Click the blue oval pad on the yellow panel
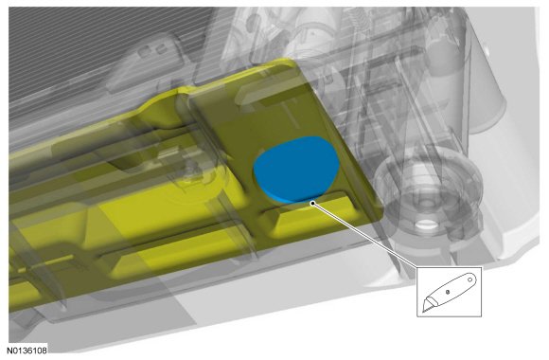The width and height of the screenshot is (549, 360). tap(296, 170)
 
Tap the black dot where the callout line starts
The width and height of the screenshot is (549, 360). tap(312, 202)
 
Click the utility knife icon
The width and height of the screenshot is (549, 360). tap(450, 292)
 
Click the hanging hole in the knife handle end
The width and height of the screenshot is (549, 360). tap(470, 279)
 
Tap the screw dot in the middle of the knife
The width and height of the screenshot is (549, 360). tap(448, 292)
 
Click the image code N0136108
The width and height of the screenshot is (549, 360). tap(27, 351)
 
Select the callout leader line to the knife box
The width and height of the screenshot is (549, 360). tap(365, 235)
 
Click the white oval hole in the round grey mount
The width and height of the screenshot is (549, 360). tap(425, 225)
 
